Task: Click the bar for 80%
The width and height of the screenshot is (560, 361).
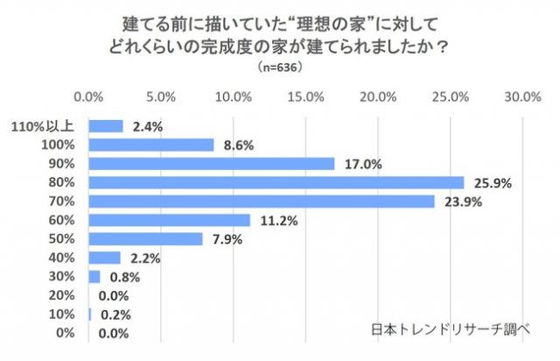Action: coord(276,182)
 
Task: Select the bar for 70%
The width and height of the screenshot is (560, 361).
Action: coord(262,202)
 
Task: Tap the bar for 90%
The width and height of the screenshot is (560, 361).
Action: coord(213,163)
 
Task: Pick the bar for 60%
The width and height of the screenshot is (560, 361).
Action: coord(170,220)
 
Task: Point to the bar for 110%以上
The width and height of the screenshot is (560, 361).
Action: coord(107,125)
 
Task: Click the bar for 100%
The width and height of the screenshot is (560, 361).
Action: coord(151,145)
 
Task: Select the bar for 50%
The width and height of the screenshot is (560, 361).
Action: coord(146,239)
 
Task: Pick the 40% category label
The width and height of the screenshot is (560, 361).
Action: coord(61,258)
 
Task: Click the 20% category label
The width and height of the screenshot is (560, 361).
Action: coord(61,295)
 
